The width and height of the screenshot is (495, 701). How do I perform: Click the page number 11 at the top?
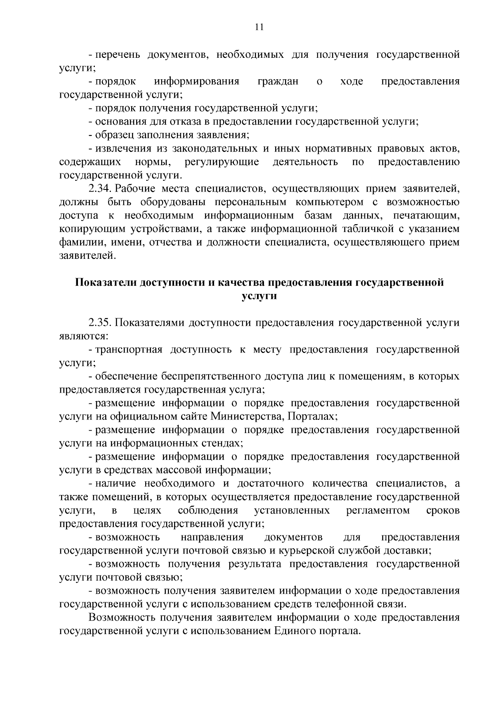pos(259,28)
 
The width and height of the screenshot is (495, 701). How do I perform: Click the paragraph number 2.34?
pos(100,189)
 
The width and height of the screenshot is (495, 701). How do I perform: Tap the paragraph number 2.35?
pos(100,322)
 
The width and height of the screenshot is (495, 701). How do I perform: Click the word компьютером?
pos(335,202)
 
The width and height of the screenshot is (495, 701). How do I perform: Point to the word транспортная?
pos(129,350)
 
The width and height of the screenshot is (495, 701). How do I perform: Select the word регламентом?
pos(378,510)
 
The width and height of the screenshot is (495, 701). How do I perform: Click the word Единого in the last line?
pos(294,631)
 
